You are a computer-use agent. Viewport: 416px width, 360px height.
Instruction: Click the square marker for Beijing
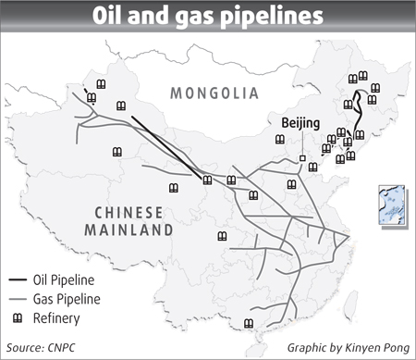click(x=302, y=159)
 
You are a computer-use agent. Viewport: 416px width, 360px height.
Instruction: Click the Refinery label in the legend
click(x=60, y=318)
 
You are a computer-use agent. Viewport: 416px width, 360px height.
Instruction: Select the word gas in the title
click(x=192, y=19)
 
